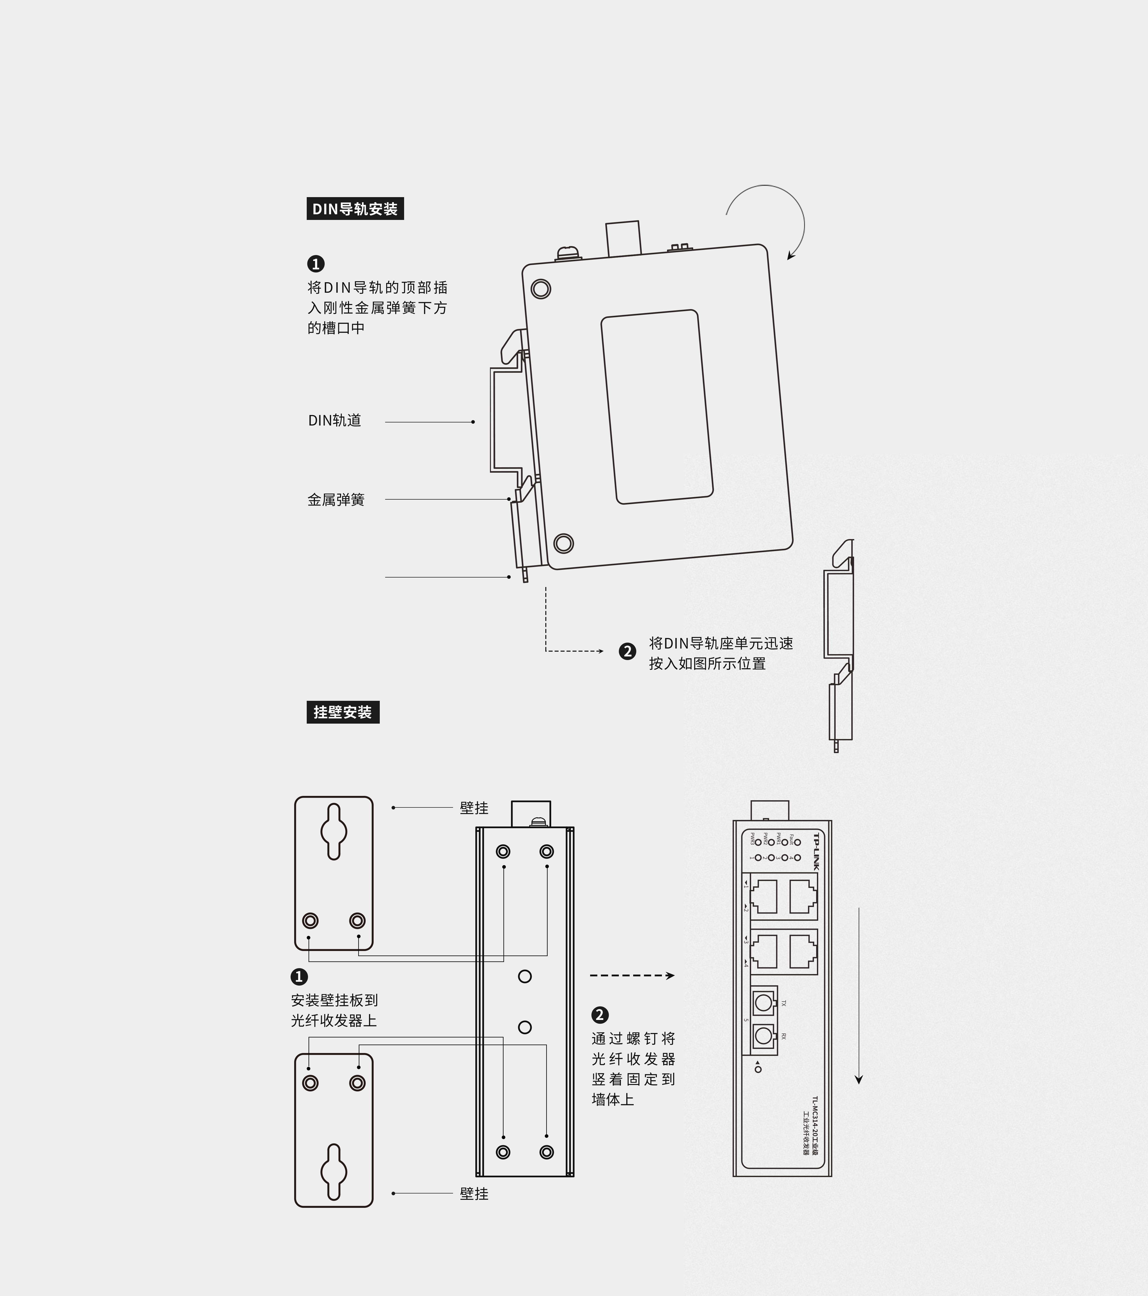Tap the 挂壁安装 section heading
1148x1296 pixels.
(x=342, y=712)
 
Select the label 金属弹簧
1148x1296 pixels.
(x=336, y=500)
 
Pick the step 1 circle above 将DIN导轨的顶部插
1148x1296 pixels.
(x=316, y=264)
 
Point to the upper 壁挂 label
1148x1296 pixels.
(x=474, y=808)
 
